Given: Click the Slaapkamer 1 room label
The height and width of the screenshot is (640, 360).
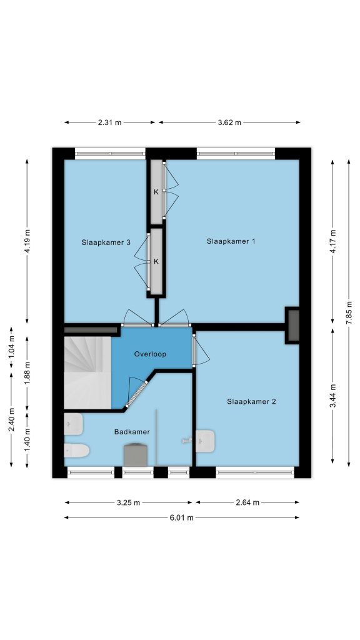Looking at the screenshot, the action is point(231,241).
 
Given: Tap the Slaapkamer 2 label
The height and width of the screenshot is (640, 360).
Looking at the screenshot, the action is point(251,402).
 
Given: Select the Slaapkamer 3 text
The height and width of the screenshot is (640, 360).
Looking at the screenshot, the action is point(106,242).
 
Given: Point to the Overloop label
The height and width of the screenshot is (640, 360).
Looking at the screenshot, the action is point(150,354).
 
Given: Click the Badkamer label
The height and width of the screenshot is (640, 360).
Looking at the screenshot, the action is point(132,432).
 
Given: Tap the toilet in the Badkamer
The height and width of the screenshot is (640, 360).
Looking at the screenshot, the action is point(76,451).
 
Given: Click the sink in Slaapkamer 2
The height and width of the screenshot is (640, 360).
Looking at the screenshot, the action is point(205,441).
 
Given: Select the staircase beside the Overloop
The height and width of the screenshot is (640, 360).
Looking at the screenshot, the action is point(87,372).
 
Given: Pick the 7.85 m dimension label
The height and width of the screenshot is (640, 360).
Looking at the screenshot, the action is point(349,313).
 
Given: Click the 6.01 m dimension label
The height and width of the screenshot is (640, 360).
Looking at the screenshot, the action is point(182,518).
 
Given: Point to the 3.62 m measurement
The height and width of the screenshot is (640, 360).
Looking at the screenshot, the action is point(229,122).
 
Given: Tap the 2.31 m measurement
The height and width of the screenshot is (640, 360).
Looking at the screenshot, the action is point(110,122).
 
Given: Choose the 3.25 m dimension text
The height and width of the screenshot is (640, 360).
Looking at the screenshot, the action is point(128,503).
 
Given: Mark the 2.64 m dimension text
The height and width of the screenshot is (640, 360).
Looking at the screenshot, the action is point(247,503).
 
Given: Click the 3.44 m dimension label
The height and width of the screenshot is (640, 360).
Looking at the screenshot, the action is point(333,396).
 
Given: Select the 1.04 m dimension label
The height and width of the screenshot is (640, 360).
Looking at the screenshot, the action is point(11,344).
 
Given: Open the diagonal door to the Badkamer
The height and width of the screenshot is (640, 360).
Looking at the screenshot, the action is point(136,394).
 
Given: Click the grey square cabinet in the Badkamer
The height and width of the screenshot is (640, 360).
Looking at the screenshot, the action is point(136,455).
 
